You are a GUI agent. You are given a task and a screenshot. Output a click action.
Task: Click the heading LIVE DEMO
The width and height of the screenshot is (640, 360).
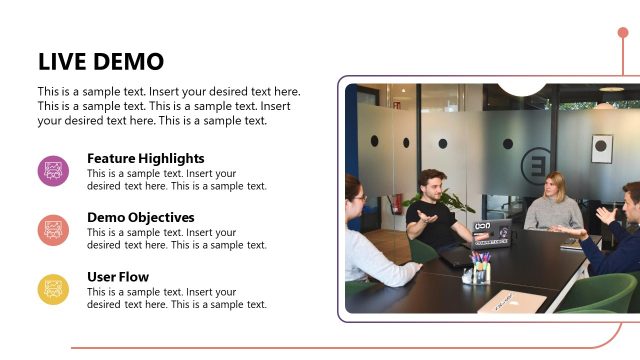coord(100,61)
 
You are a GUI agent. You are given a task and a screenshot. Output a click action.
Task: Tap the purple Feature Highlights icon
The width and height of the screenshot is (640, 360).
coord(53,171)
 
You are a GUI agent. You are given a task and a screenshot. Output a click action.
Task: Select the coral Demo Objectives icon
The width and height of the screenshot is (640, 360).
coord(53,230)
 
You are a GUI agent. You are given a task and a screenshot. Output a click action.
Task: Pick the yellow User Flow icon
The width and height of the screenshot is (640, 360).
coord(53,289)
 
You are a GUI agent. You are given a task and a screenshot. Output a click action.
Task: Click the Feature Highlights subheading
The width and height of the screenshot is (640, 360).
coord(146,158)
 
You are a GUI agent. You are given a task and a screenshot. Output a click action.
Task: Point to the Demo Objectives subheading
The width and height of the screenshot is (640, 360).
coord(141,217)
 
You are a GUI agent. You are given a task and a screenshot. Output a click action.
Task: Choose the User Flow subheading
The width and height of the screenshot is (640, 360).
coord(118,277)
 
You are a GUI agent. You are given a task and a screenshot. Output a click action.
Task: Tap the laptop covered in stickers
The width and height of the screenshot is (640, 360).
coord(492,233)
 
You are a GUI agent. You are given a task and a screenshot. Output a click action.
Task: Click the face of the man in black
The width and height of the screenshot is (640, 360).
coord(432,186)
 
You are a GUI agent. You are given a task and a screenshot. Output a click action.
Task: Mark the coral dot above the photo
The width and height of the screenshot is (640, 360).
coord(623,33)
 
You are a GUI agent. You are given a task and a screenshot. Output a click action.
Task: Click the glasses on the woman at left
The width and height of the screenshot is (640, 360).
coord(360,196)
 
